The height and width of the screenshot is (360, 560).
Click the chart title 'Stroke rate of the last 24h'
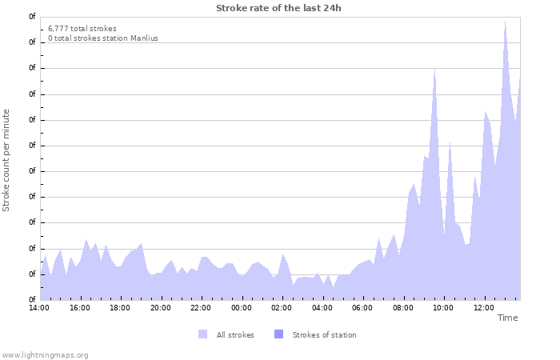pyautogui.click(x=278, y=8)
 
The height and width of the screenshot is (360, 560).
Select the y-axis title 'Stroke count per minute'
pyautogui.click(x=6, y=161)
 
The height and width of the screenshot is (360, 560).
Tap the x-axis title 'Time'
pyautogui.click(x=507, y=318)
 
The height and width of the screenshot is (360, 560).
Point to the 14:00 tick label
pyautogui.click(x=39, y=307)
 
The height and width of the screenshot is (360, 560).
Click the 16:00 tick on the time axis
pyautogui.click(x=80, y=307)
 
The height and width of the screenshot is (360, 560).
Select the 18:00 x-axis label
pyautogui.click(x=120, y=307)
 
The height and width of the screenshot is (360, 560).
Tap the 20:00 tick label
pyautogui.click(x=161, y=307)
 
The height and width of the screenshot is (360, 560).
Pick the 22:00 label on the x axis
pyautogui.click(x=201, y=307)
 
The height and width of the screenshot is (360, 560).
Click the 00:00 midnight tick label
pyautogui.click(x=242, y=307)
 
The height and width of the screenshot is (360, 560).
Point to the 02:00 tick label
pyautogui.click(x=282, y=307)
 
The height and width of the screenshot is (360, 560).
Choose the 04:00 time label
pyautogui.click(x=322, y=307)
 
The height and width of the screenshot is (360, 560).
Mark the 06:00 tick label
pyautogui.click(x=362, y=307)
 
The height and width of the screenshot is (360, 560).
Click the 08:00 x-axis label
pyautogui.click(x=403, y=307)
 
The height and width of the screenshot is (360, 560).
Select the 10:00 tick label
pyautogui.click(x=443, y=307)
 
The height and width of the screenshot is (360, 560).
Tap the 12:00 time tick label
pyautogui.click(x=484, y=307)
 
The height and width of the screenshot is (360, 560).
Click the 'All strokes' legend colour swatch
pyautogui.click(x=202, y=334)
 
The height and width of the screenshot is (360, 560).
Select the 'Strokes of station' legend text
pyautogui.click(x=324, y=335)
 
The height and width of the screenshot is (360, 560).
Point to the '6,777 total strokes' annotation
pyautogui.click(x=82, y=29)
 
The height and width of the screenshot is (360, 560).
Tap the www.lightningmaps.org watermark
pyautogui.click(x=45, y=354)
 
